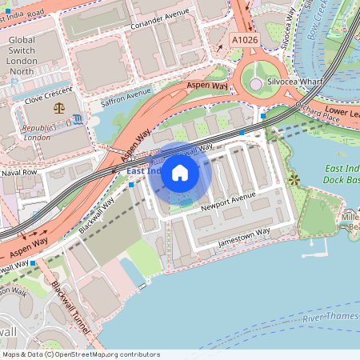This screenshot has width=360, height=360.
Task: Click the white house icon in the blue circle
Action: pos(180,173)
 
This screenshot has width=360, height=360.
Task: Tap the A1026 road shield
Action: pos(246,38)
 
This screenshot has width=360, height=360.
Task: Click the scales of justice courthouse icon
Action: pos(58,106)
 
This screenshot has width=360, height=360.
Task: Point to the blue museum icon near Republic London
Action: pos(74,119)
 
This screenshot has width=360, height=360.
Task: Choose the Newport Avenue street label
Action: pos(227,206)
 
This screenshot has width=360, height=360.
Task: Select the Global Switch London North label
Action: pos(33,55)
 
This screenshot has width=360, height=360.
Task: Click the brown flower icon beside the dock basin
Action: pos(294,180)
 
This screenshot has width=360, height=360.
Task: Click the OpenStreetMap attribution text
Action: pos(81,354)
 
